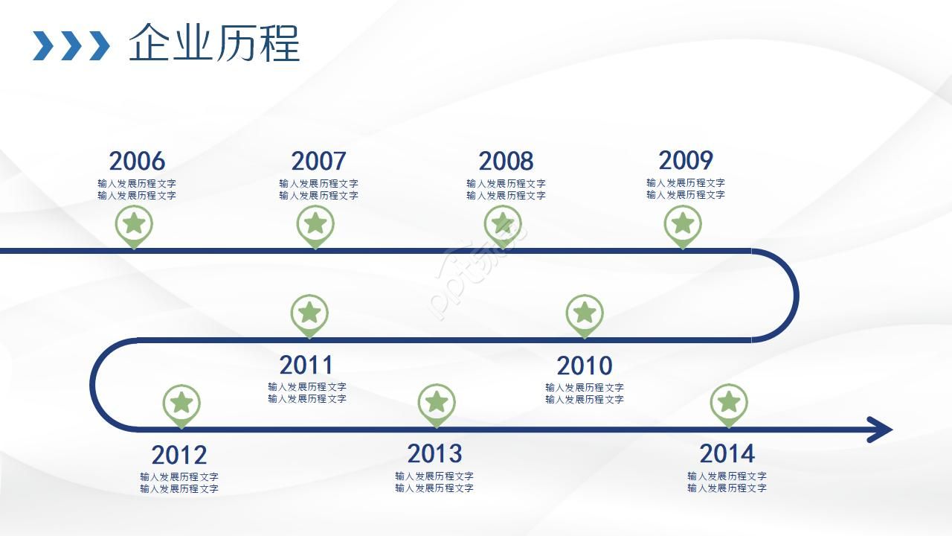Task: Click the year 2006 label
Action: (x=137, y=161)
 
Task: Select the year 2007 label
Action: (x=319, y=161)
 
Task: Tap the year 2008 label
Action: (x=506, y=161)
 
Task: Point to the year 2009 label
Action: (x=686, y=160)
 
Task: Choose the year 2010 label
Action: (x=585, y=366)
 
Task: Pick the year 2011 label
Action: (x=306, y=365)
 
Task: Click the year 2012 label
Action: (x=179, y=455)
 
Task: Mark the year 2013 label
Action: (x=434, y=453)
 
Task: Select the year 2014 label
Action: (x=727, y=453)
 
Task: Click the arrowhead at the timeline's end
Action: (x=880, y=430)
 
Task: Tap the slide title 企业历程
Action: (x=214, y=43)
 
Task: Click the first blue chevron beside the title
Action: (x=43, y=45)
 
